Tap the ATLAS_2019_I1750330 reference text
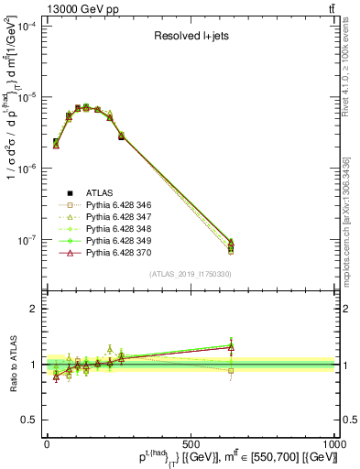[x=191, y=274]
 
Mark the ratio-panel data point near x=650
[x=231, y=347]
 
